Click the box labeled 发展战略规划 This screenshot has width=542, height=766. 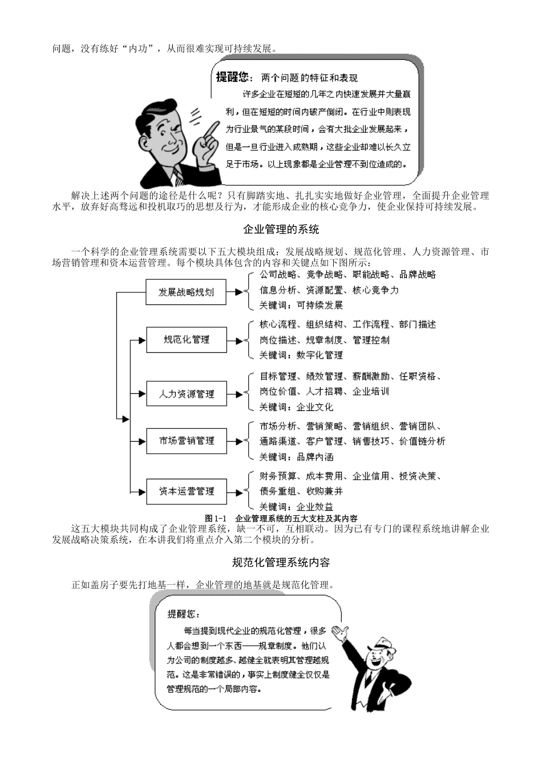(x=186, y=292)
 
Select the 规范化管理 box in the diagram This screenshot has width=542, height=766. (x=186, y=340)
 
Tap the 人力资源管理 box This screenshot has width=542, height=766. (x=186, y=394)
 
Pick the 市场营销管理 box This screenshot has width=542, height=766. (x=186, y=441)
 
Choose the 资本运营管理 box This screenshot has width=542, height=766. (x=186, y=491)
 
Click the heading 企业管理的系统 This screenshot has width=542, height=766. (x=281, y=230)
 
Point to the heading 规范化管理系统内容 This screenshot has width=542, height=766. (x=281, y=563)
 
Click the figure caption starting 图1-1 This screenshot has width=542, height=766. (x=281, y=518)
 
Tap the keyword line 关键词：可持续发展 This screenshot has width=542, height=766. (x=301, y=305)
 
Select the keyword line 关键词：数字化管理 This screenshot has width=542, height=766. (x=301, y=355)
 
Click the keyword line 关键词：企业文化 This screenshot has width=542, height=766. (x=296, y=407)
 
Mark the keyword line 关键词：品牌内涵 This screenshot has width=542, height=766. (x=296, y=457)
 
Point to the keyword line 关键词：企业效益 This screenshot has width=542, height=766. (x=296, y=507)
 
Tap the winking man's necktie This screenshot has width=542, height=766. (x=179, y=174)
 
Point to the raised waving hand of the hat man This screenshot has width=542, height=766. (x=341, y=631)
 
